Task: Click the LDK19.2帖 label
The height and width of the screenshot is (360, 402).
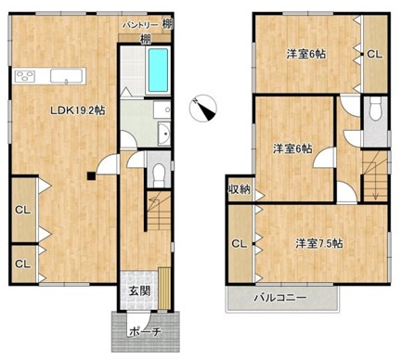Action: (78, 110)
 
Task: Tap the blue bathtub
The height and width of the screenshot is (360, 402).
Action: (158, 71)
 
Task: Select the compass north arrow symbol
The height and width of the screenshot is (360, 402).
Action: (203, 109)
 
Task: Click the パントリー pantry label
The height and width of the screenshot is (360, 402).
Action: (141, 25)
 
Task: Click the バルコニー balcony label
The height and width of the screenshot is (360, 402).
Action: (280, 298)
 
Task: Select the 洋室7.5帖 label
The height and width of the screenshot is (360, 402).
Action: (318, 244)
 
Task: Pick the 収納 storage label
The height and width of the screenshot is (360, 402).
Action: (240, 189)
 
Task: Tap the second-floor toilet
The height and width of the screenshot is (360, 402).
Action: (375, 110)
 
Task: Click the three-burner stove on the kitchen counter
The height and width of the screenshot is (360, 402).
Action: (24, 76)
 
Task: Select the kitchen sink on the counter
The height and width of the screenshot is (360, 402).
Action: (67, 76)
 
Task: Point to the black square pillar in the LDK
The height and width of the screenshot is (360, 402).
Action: (91, 176)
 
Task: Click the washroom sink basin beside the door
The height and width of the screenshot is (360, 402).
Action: (164, 134)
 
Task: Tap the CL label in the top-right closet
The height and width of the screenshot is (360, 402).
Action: (374, 55)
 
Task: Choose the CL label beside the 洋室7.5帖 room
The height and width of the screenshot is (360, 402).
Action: (240, 244)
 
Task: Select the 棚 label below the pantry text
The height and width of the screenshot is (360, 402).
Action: (146, 39)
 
